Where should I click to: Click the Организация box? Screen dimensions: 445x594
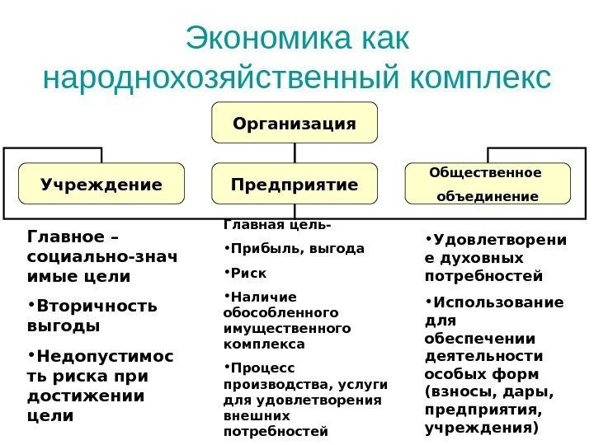pyautogui.click(x=295, y=123)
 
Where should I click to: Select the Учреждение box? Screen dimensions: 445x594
pyautogui.click(x=101, y=184)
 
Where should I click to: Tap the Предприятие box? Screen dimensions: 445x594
pyautogui.click(x=295, y=184)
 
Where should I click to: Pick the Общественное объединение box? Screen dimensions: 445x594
pyautogui.click(x=488, y=184)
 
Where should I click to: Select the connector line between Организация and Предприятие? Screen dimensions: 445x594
pyautogui.click(x=295, y=153)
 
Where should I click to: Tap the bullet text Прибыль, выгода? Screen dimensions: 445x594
pyautogui.click(x=297, y=247)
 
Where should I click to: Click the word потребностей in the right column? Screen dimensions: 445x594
pyautogui.click(x=483, y=274)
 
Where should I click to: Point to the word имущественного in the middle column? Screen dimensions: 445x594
pyautogui.click(x=286, y=329)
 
